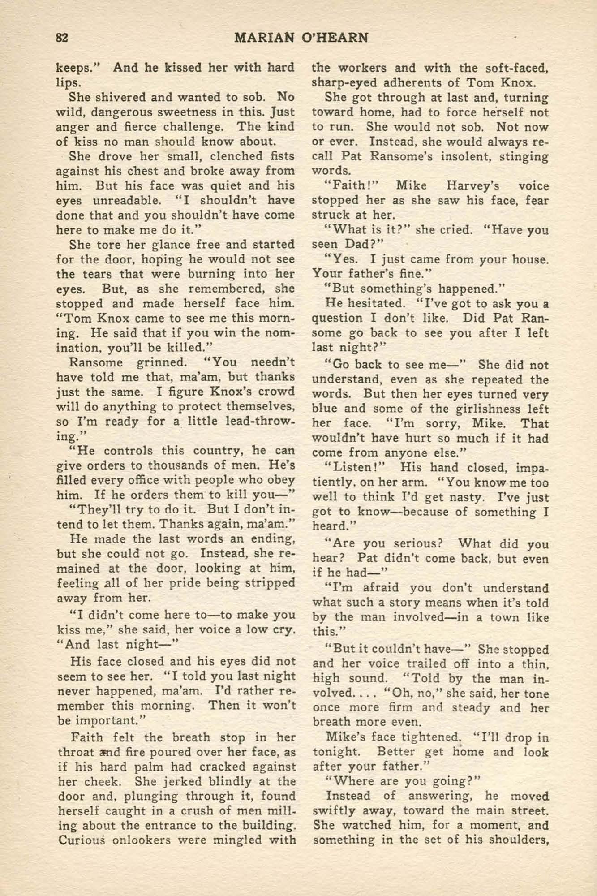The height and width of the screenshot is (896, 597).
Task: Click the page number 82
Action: click(x=62, y=38)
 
